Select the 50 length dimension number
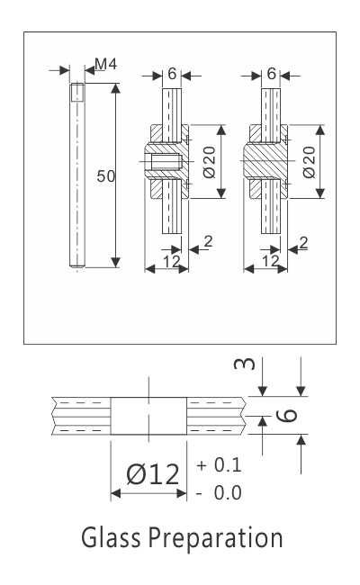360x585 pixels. click(105, 176)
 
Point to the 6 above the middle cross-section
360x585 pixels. click(171, 75)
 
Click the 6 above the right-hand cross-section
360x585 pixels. click(271, 75)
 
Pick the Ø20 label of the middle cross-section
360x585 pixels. click(209, 162)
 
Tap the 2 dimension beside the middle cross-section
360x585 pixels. click(208, 241)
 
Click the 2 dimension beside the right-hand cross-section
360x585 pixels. click(303, 241)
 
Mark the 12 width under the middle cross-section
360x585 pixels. click(170, 261)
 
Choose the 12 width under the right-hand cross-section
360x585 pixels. click(269, 261)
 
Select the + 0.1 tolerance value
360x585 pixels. click(219, 466)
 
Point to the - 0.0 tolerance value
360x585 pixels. click(219, 492)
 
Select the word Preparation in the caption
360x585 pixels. click(215, 539)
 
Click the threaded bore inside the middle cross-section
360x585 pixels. click(165, 163)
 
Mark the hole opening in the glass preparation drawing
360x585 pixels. click(148, 417)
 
